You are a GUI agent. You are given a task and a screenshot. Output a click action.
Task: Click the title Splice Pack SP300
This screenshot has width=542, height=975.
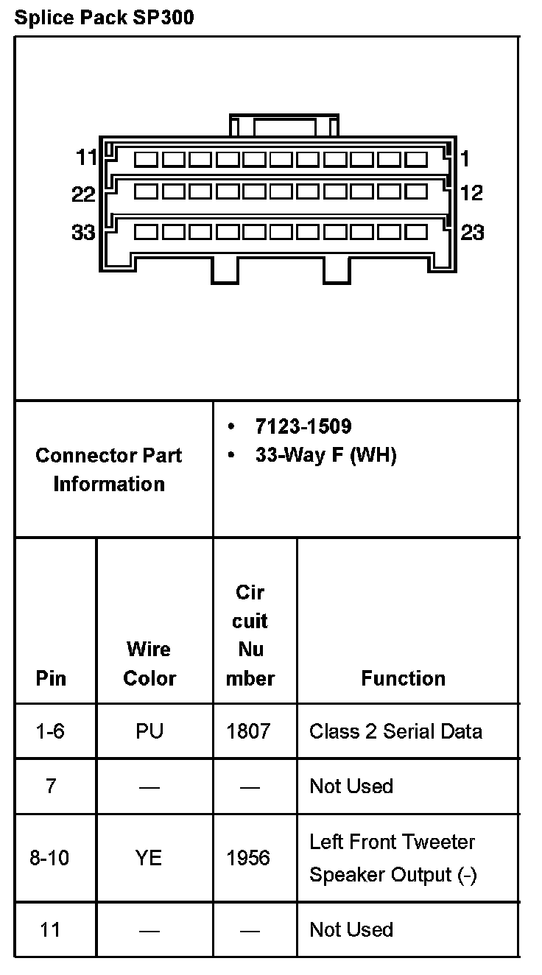104,18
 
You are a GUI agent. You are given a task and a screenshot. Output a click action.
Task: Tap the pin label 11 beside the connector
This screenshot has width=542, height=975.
86,158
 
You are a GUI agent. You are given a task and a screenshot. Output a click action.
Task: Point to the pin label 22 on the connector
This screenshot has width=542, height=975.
83,194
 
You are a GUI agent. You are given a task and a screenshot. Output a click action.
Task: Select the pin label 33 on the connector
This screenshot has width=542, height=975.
83,233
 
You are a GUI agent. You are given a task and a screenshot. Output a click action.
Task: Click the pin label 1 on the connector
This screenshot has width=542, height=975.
465,158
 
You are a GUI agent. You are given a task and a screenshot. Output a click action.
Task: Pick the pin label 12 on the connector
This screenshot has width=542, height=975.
471,193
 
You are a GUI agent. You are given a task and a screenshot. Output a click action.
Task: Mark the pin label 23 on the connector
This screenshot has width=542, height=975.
472,233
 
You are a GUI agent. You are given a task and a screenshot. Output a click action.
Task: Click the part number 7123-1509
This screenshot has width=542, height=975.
303,426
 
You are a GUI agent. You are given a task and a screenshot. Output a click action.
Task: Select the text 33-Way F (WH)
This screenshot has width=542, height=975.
325,455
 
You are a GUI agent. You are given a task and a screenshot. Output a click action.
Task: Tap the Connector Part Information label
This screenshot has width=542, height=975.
109,469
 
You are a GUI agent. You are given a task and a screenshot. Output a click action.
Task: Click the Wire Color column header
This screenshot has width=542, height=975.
149,664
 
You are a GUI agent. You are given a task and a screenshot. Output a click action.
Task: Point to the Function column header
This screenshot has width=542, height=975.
403,678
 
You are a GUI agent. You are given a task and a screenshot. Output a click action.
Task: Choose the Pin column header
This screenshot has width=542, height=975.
50,678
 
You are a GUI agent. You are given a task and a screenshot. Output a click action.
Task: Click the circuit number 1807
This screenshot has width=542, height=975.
249,731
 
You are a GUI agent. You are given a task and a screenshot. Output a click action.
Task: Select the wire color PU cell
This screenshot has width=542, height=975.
149,731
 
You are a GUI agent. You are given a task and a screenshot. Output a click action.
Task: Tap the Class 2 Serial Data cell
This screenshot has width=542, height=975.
395,731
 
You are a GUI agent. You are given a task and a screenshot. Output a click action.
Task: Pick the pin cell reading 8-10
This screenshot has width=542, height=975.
49,858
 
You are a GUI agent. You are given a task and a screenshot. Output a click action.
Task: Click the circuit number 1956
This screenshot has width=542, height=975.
249,858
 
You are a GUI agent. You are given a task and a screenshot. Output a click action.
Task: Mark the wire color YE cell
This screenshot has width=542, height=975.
149,858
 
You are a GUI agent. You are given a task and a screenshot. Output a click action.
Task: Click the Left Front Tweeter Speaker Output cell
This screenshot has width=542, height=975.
393,858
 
